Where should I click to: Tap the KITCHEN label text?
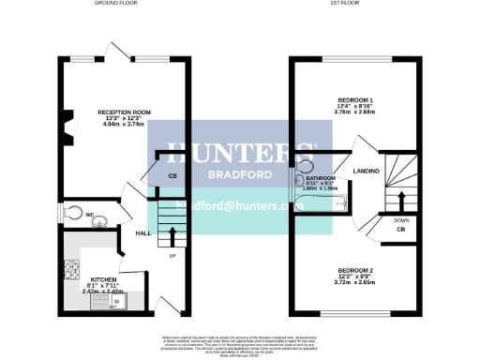tap(102, 280)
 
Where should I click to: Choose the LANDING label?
tap(365, 171)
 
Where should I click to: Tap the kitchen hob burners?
tap(71, 269)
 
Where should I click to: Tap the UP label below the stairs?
tap(172, 255)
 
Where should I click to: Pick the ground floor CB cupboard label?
tap(172, 176)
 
